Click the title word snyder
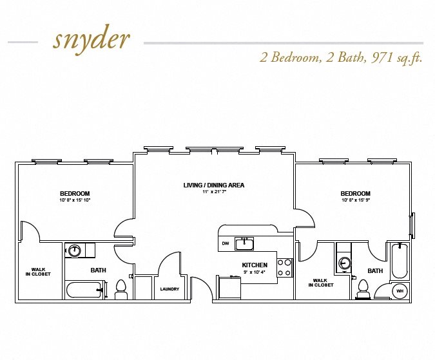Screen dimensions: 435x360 click(92, 41)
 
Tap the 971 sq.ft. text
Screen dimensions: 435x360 click(397, 58)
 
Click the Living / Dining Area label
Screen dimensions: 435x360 click(213, 185)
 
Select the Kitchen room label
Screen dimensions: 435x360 click(255, 265)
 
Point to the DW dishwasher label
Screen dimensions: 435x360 click(226, 243)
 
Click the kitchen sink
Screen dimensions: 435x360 click(244, 243)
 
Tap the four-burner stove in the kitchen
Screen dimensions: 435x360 click(284, 268)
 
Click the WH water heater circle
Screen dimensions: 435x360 click(400, 291)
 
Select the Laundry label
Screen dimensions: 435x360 click(169, 289)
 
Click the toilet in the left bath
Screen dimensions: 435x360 click(121, 289)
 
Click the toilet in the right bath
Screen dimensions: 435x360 click(363, 289)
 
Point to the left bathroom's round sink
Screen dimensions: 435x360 click(74, 251)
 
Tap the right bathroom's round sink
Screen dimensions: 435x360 click(345, 263)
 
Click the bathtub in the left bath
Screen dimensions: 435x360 click(84, 290)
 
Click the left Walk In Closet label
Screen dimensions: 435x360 click(38, 272)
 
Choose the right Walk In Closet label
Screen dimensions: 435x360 click(321, 283)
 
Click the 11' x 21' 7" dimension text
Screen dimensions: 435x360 click(214, 191)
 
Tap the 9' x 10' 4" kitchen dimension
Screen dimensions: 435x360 click(255, 272)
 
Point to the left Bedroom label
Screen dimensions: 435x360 click(75, 193)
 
